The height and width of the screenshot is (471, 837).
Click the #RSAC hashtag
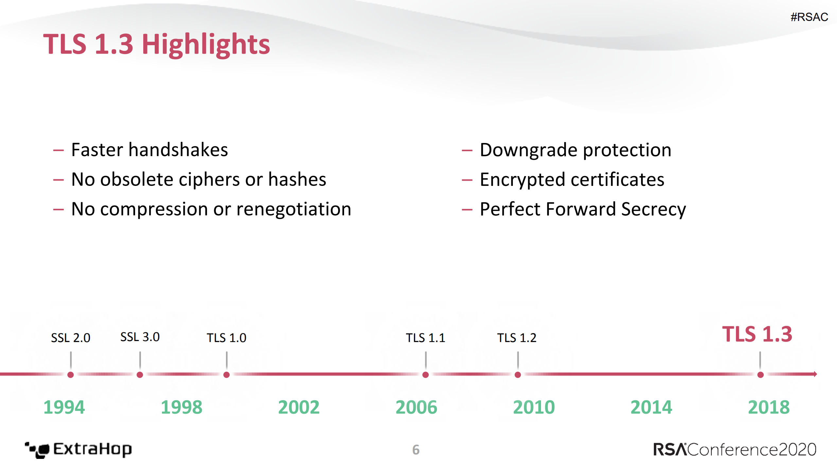pos(809,17)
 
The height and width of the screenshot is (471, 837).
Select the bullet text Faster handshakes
pos(149,150)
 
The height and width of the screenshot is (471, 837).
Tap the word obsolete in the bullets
pos(141,180)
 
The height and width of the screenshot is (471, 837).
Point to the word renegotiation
pos(293,209)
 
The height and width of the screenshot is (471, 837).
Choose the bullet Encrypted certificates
pos(572,180)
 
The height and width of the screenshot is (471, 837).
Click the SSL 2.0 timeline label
pos(71,338)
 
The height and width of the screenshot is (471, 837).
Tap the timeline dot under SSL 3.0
pos(140,375)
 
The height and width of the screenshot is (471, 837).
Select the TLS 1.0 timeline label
pos(226,338)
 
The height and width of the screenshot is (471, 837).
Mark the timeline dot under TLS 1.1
pos(426,375)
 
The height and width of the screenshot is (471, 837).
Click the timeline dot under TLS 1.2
pos(518,375)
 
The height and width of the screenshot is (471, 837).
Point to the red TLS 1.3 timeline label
pos(757,335)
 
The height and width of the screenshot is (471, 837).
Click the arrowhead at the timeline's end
pos(815,374)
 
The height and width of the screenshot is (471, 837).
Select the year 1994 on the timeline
pos(64,408)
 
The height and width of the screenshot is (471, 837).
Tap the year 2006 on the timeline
pos(416,408)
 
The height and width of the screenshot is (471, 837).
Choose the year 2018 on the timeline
pos(769,408)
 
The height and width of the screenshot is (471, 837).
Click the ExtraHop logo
pos(78,450)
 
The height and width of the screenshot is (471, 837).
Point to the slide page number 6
pos(416,450)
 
